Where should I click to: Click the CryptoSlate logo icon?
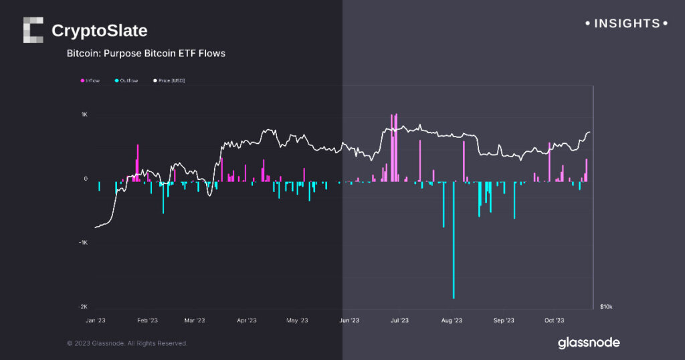pyautogui.click(x=33, y=30)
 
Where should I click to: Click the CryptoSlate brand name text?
pyautogui.click(x=99, y=31)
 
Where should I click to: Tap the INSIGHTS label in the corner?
pyautogui.click(x=626, y=23)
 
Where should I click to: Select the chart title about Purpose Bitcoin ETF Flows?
pyautogui.click(x=146, y=54)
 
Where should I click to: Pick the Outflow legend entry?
pyautogui.click(x=126, y=81)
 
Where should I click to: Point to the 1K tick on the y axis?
pyautogui.click(x=84, y=115)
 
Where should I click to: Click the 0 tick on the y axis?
pyautogui.click(x=86, y=179)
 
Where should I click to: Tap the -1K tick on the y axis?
pyautogui.click(x=84, y=243)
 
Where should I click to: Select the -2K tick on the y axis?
pyautogui.click(x=84, y=307)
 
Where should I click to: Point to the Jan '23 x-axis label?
pyautogui.click(x=96, y=321)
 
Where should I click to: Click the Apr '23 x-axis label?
pyautogui.click(x=247, y=321)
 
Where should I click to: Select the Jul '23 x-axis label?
pyautogui.click(x=399, y=321)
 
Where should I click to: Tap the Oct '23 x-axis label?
pyautogui.click(x=555, y=321)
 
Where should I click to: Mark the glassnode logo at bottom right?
pyautogui.click(x=589, y=343)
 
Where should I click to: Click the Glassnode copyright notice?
pyautogui.click(x=127, y=343)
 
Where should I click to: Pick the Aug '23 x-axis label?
pyautogui.click(x=452, y=321)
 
